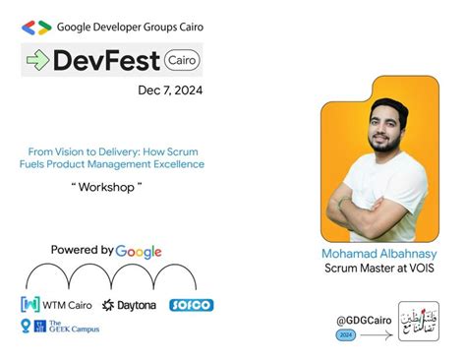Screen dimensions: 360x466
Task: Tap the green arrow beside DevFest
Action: [x=37, y=61]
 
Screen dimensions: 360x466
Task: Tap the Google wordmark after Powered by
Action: [x=139, y=251]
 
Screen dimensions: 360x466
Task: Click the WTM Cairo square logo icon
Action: [x=29, y=305]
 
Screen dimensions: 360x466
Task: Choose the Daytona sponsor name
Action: [x=131, y=306]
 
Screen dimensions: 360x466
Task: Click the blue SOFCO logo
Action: [x=191, y=305]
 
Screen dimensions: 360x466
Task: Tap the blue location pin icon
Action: [x=26, y=327]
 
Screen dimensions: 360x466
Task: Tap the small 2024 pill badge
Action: [x=344, y=334]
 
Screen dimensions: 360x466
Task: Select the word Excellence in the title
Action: [x=173, y=164]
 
